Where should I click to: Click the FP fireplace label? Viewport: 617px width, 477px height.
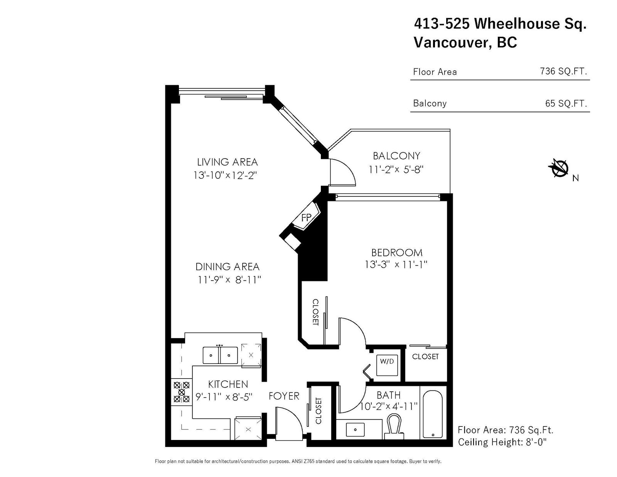tap(306, 218)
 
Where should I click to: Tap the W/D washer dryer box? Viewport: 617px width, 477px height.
tap(387, 365)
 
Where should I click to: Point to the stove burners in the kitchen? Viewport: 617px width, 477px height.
tap(182, 392)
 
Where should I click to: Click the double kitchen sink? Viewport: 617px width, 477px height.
tap(220, 355)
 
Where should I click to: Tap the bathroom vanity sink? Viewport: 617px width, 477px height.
tap(355, 430)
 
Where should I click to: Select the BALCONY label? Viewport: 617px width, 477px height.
tap(396, 156)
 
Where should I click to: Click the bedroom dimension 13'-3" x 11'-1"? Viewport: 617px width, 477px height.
tap(396, 265)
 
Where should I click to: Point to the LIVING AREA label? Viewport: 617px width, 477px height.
tap(228, 162)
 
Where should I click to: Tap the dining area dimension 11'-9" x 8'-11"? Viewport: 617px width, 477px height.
tap(229, 280)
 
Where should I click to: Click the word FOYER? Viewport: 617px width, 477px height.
tap(284, 396)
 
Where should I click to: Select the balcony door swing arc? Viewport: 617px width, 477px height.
tap(348, 170)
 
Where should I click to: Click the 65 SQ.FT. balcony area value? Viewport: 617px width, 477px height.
tap(566, 103)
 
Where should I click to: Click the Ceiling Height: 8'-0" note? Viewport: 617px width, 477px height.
tap(502, 442)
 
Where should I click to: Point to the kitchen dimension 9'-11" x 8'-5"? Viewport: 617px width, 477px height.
tap(224, 397)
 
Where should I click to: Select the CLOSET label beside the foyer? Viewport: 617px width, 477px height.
tap(318, 411)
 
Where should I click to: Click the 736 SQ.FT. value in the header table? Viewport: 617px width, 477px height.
tap(563, 71)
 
